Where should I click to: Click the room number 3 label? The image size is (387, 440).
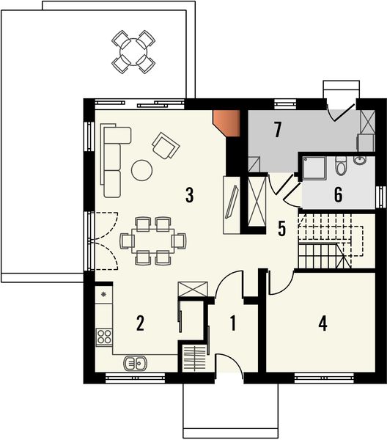click(189, 195)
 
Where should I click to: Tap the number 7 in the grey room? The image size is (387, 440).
click(276, 131)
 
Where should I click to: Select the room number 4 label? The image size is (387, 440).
click(322, 323)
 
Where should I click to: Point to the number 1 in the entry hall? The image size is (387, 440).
click(233, 323)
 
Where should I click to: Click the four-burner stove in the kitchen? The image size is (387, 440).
click(105, 338)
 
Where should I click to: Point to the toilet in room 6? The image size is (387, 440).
click(340, 167)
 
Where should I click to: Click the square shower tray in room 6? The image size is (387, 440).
click(315, 168)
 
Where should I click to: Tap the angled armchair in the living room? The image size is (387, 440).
click(165, 145)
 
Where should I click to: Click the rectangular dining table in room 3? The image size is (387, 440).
click(152, 239)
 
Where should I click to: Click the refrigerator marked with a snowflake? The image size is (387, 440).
click(103, 295)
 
